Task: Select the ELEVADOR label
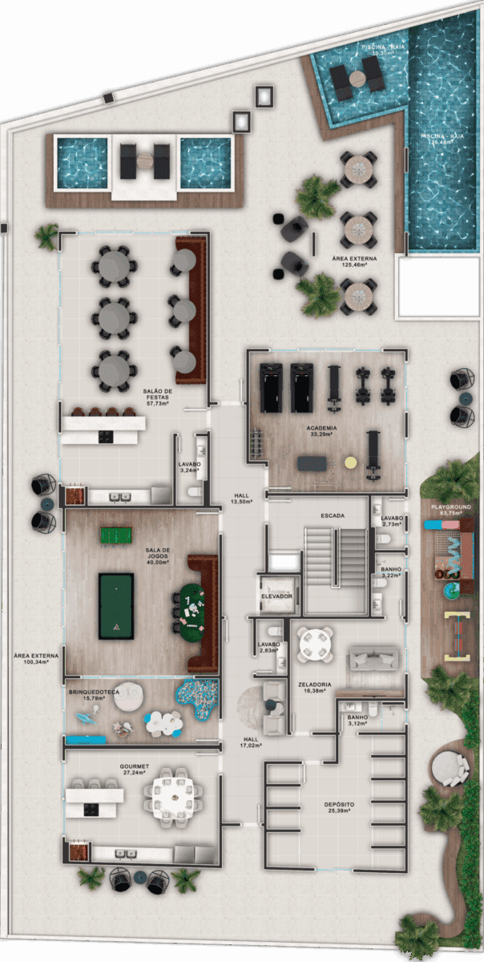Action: pos(275,597)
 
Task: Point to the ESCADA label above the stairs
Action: pos(331,515)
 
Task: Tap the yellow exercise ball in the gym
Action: pos(349,463)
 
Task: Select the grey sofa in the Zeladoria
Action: pos(373,661)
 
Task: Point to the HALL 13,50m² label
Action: pos(243,499)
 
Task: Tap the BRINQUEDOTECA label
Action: pos(94,693)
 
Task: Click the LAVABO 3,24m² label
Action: pos(190,467)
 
